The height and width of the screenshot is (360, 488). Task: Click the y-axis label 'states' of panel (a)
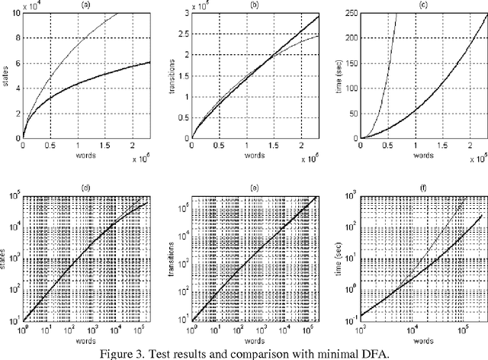coord(6,76)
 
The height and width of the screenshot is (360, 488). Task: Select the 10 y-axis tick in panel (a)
coord(17,14)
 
